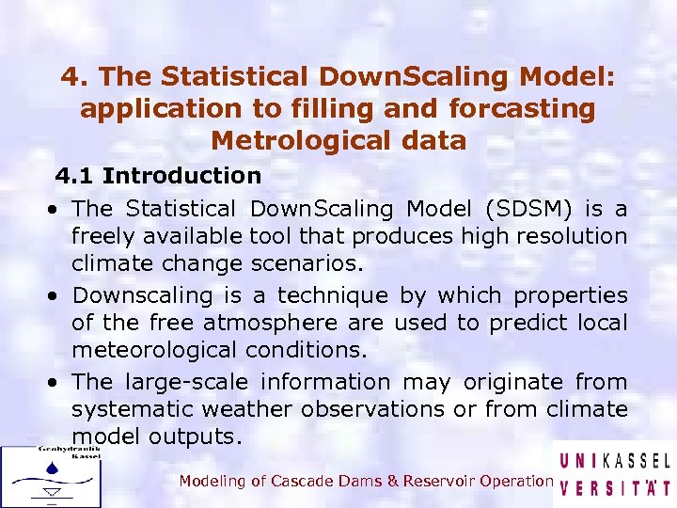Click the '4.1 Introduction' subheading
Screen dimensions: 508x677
click(158, 175)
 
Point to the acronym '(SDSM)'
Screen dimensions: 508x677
click(526, 208)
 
